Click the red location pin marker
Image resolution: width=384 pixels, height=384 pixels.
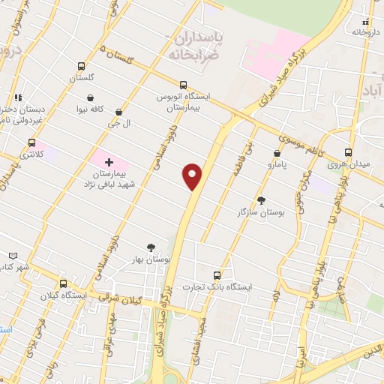(x=192, y=175)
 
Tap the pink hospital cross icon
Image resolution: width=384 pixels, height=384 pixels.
(x=109, y=161)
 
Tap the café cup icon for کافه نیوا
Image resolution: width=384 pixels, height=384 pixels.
(x=91, y=97)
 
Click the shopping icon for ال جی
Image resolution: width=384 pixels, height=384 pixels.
(x=118, y=112)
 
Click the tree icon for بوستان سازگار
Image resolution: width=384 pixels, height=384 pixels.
(x=261, y=200)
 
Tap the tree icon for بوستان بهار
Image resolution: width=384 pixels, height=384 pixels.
(x=151, y=247)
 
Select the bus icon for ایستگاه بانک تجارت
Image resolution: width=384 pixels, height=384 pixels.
(x=217, y=275)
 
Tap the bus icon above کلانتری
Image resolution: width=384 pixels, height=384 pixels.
(x=31, y=142)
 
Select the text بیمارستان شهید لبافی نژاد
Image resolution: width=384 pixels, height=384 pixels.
(x=109, y=177)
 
